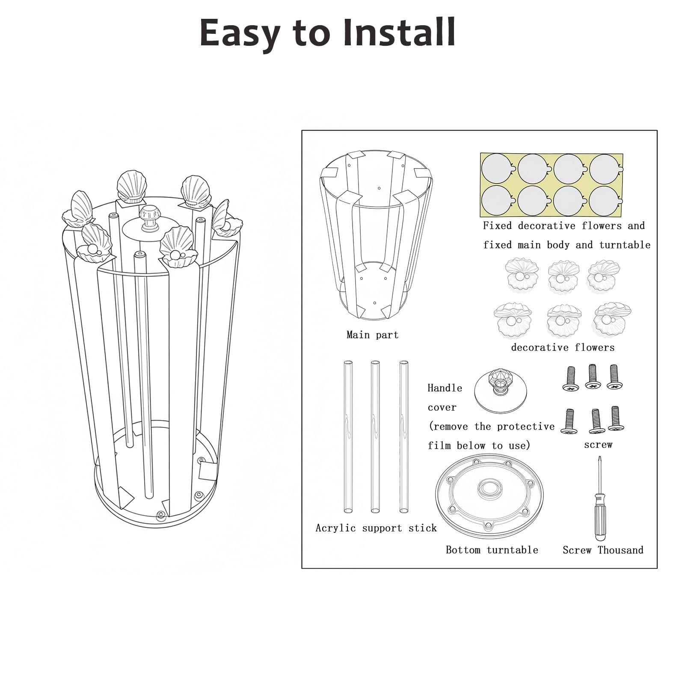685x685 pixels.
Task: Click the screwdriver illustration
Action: point(599,498)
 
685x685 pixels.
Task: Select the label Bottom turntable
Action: point(492,550)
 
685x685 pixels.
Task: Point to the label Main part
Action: point(372,335)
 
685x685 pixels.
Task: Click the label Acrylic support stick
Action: point(376,528)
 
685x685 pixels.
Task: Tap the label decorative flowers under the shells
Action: point(563,347)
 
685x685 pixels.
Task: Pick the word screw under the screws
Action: point(598,445)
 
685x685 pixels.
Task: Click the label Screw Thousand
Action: point(603,550)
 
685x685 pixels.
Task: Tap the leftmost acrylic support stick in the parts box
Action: point(348,437)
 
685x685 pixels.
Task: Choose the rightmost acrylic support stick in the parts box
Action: point(403,437)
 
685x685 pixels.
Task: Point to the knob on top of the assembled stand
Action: point(150,217)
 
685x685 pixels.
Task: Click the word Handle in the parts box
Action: point(445,388)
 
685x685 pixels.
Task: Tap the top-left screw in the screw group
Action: point(570,379)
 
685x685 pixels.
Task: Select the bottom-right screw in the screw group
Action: point(615,418)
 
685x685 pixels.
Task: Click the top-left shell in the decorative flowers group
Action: point(521,274)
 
